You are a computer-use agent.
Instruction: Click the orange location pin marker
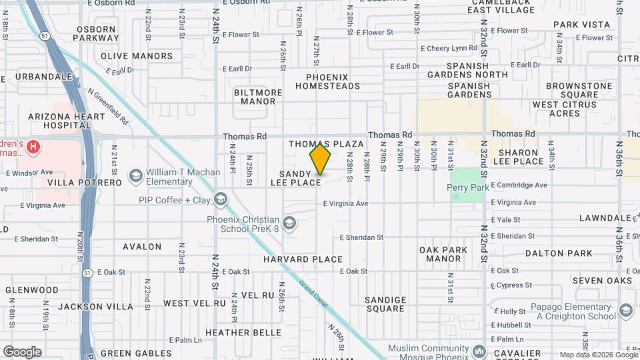pyautogui.click(x=321, y=159)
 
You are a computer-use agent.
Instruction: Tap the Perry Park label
pyautogui.click(x=468, y=187)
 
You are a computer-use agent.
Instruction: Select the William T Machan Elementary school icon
pyautogui.click(x=136, y=176)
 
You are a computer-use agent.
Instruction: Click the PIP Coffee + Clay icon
pyautogui.click(x=221, y=199)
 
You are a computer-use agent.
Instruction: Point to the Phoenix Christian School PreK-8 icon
pyautogui.click(x=289, y=223)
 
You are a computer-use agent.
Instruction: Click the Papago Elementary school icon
pyautogui.click(x=625, y=311)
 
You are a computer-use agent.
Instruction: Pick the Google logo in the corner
pyautogui.click(x=22, y=351)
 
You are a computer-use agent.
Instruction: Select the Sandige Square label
pyautogui.click(x=385, y=304)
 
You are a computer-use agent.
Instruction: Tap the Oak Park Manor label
pyautogui.click(x=453, y=254)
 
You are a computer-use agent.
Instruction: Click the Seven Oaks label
pyautogui.click(x=601, y=281)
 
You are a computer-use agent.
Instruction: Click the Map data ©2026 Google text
pyautogui.click(x=598, y=355)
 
